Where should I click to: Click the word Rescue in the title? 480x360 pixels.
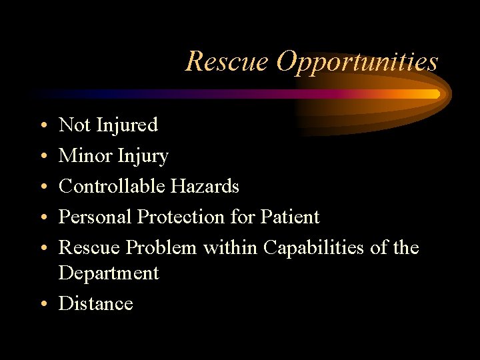pyautogui.click(x=227, y=61)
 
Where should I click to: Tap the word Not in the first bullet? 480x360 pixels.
pyautogui.click(x=74, y=125)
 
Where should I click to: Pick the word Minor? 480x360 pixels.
pyautogui.click(x=85, y=156)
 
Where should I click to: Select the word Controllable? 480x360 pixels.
pyautogui.click(x=112, y=186)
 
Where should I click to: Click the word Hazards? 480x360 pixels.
pyautogui.click(x=205, y=186)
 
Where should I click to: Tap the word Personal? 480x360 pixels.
pyautogui.click(x=95, y=217)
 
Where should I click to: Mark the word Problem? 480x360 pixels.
pyautogui.click(x=162, y=247)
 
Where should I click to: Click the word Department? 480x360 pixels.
pyautogui.click(x=109, y=273)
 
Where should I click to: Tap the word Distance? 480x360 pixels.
pyautogui.click(x=96, y=303)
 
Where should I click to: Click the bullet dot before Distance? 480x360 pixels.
pyautogui.click(x=43, y=305)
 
